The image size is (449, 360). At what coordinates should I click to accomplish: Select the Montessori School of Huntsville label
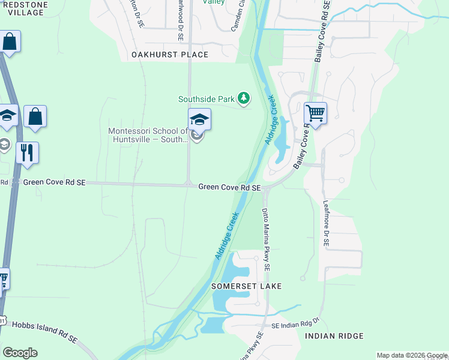click(148, 136)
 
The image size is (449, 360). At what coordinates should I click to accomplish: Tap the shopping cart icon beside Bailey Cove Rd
click(315, 113)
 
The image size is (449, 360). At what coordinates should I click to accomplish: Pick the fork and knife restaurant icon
click(27, 152)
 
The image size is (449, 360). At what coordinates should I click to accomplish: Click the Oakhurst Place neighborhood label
click(169, 55)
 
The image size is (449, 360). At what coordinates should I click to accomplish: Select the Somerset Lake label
click(246, 287)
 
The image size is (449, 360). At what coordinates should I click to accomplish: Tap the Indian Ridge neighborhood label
click(334, 336)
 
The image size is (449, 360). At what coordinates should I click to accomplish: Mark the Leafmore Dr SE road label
click(326, 223)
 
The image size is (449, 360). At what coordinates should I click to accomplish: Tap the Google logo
click(20, 353)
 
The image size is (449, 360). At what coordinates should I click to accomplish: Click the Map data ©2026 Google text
click(411, 355)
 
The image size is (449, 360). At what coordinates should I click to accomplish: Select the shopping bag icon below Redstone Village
click(10, 41)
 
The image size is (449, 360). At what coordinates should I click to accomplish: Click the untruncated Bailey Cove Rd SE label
click(321, 30)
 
